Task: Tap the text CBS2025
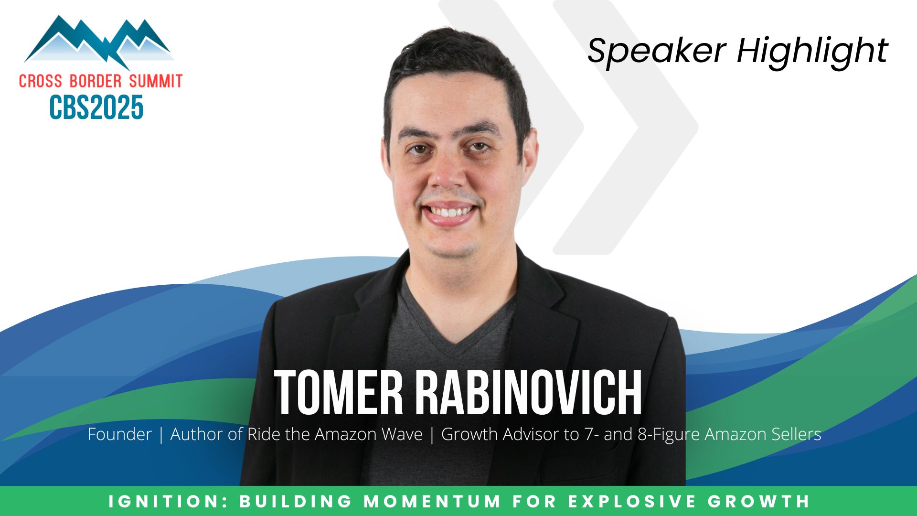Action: tap(96, 107)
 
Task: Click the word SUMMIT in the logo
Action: tap(156, 81)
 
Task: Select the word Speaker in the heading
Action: tap(657, 51)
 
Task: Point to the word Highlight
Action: tap(812, 51)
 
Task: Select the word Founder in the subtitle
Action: tap(119, 434)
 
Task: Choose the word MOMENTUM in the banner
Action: tap(433, 501)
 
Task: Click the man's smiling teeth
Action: tap(449, 212)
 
